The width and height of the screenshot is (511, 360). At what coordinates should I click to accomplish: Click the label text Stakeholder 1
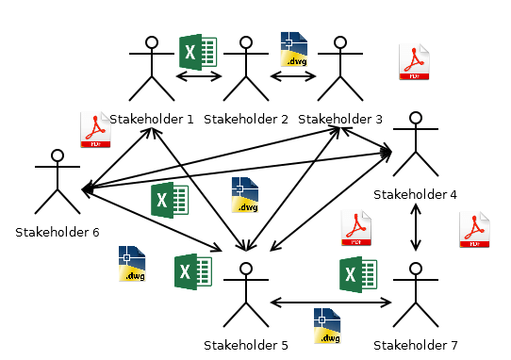[x=152, y=120]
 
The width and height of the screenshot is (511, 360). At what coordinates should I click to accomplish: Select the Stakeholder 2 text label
[x=246, y=120]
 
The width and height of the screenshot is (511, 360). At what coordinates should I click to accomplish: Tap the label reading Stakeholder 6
[x=58, y=232]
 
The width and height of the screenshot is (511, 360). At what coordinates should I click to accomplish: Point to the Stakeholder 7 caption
[x=416, y=346]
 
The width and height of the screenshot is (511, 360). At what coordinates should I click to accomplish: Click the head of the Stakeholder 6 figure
[x=58, y=155]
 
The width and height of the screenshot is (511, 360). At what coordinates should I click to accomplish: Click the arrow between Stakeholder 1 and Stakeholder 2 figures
[x=199, y=76]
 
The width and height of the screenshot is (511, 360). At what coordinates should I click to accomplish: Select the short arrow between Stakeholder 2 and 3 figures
[x=293, y=76]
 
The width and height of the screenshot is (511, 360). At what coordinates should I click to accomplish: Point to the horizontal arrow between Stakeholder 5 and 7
[x=331, y=303]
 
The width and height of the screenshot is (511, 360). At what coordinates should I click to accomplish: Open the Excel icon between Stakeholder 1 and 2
[x=198, y=51]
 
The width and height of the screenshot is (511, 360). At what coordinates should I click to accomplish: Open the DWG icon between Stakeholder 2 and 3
[x=294, y=49]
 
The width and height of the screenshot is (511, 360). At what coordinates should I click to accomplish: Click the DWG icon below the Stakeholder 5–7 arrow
[x=326, y=326]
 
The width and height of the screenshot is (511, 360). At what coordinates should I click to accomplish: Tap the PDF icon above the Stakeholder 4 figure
[x=414, y=62]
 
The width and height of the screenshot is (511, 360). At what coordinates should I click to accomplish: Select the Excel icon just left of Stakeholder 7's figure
[x=358, y=274]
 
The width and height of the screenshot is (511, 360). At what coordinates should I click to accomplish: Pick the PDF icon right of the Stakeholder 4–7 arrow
[x=474, y=231]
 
